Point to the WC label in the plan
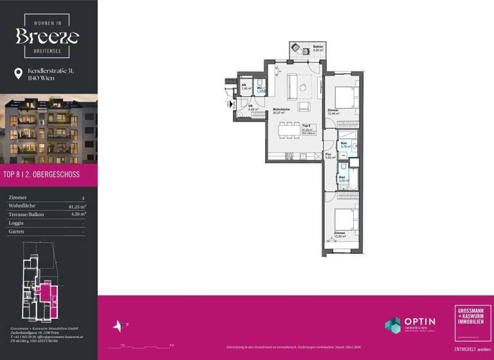pos(260,89)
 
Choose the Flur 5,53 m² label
pos(328,156)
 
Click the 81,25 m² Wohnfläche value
pos(78,206)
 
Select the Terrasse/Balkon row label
pos(26,214)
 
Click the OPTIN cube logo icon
pos(392,325)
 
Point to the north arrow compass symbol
pos(118,326)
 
